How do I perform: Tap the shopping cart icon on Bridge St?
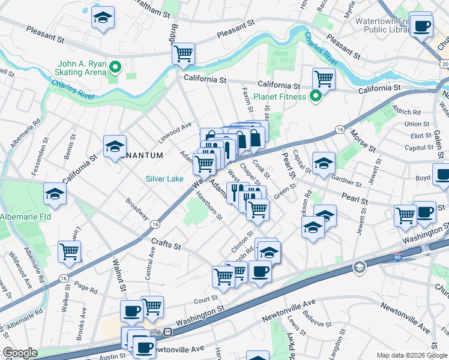184,54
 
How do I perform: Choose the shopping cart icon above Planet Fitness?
324,78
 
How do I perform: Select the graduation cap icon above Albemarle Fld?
55,193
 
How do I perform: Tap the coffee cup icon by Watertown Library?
421,26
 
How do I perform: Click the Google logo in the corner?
20,353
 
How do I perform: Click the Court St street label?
205,299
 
